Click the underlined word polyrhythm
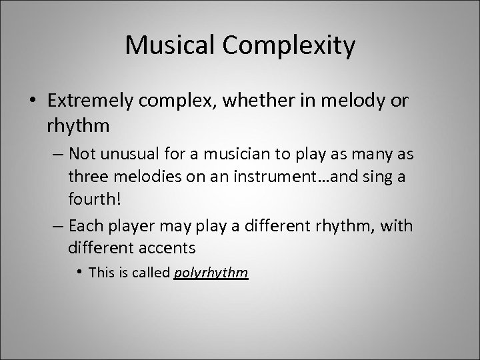click(x=211, y=273)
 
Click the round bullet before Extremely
click(x=33, y=101)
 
